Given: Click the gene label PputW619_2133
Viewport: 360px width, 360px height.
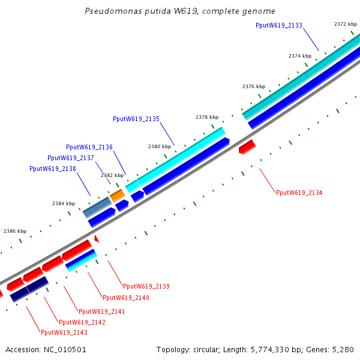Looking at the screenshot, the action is [278, 26].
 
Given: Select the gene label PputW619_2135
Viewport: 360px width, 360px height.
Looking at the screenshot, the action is [136, 119].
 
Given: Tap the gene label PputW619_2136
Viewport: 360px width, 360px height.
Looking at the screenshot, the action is [89, 147].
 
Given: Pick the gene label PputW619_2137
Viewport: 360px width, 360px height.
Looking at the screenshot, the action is [71, 158].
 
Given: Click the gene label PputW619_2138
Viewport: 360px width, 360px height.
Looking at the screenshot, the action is [52, 169].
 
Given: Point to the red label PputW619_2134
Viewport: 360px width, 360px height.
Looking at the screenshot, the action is [299, 193].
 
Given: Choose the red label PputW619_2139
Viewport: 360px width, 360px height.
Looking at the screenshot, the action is [146, 286].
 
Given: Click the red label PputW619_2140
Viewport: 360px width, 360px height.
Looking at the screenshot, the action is [126, 298].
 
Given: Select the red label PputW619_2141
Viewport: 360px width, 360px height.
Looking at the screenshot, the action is [102, 311].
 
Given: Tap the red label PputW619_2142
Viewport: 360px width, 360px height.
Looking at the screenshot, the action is [82, 322].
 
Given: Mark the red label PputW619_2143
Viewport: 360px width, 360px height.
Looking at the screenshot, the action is [64, 332].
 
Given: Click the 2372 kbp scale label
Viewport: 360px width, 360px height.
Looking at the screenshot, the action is [346, 24].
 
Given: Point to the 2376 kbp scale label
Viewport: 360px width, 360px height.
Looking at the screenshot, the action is [253, 86].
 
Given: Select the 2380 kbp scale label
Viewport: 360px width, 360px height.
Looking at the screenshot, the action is [160, 146].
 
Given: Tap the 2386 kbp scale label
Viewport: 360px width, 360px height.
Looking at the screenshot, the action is [15, 231].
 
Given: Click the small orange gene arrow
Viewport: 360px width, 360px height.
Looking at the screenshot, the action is [117, 195].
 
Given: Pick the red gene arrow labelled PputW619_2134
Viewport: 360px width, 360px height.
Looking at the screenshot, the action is [247, 146].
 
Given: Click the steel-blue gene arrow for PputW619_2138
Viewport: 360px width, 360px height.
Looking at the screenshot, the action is [98, 206].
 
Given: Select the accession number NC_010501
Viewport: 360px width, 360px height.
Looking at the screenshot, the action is [63, 349].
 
